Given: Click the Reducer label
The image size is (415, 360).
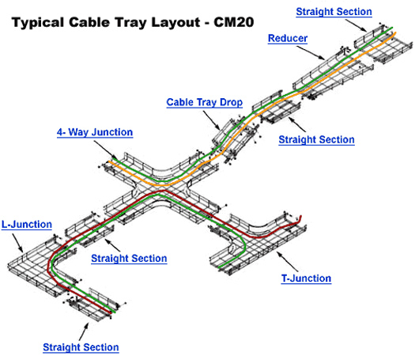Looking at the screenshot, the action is tap(288, 39).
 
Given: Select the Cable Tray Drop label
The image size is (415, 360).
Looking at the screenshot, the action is tap(204, 103).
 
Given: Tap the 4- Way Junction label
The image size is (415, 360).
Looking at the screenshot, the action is tap(95, 132).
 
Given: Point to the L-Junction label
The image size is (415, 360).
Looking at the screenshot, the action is tap(27, 225).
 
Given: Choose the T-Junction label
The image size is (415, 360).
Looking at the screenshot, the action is tap(306, 279).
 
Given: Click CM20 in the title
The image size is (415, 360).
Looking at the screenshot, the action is tap(234, 22).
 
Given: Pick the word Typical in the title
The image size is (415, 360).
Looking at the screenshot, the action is tap(39, 23).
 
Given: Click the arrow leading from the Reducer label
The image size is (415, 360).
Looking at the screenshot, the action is tap(310, 53).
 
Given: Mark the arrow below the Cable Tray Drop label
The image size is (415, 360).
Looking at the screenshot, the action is tap(212, 120).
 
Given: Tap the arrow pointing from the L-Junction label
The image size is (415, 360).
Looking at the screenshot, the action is tap(17, 243).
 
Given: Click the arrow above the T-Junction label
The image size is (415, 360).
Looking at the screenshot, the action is tap(288, 261).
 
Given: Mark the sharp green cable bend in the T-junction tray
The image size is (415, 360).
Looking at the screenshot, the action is tap(243, 246).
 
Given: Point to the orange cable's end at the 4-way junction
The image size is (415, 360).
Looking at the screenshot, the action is tap(110, 161).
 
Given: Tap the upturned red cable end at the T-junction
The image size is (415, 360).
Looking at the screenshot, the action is tap(300, 218).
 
